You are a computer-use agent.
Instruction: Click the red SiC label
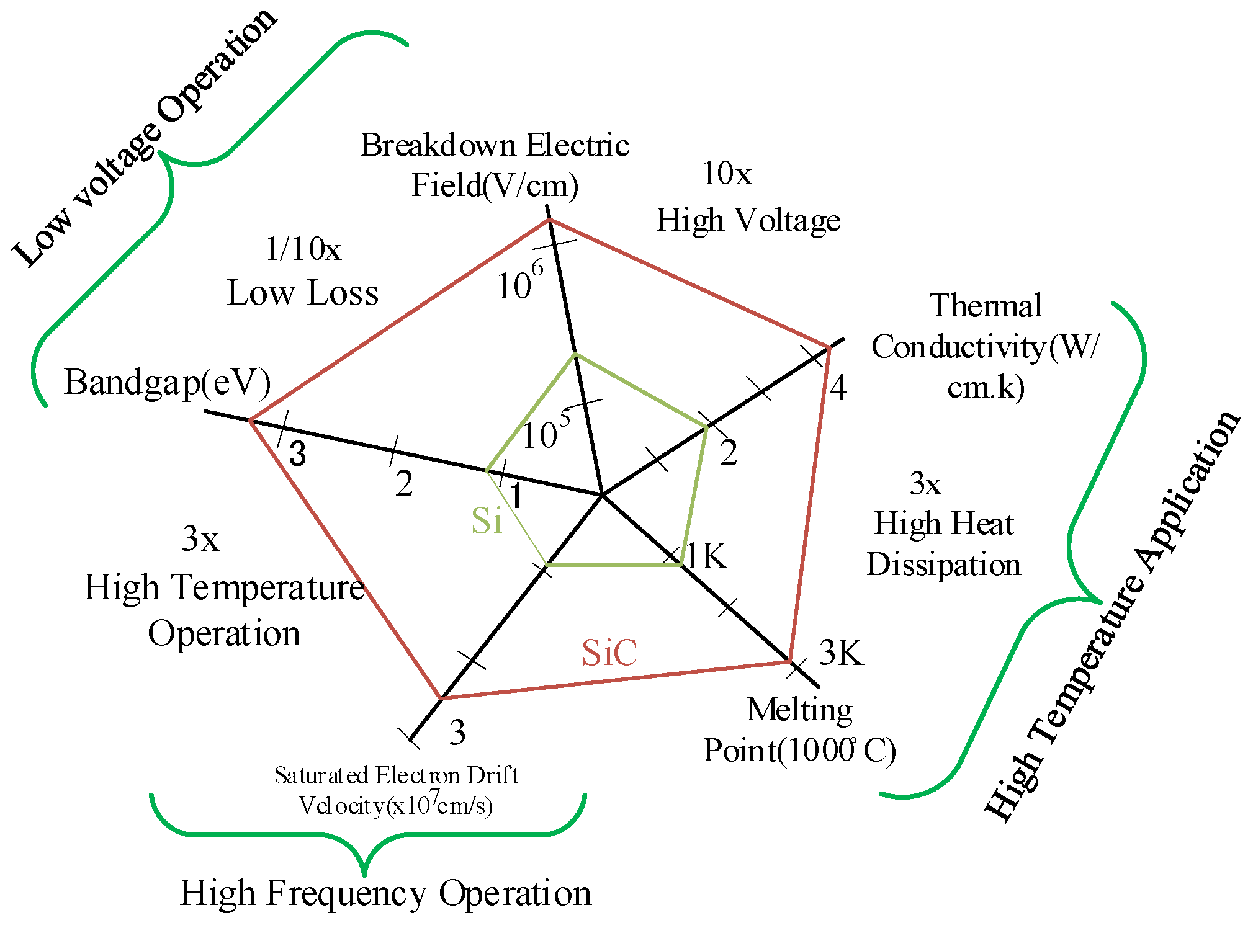(x=609, y=653)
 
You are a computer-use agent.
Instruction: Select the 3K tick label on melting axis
(x=841, y=653)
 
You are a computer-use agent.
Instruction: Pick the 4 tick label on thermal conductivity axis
(x=838, y=388)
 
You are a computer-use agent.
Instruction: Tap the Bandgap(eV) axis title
(x=167, y=382)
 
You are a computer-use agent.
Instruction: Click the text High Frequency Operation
(x=385, y=893)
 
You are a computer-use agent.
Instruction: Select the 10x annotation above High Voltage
(x=727, y=174)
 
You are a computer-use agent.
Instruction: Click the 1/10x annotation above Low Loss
(x=303, y=249)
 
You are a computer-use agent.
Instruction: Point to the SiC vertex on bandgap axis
(x=251, y=421)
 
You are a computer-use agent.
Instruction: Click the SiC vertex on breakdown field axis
(x=550, y=220)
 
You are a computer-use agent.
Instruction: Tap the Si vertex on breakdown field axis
(x=575, y=354)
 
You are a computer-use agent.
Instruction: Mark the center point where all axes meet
(x=602, y=495)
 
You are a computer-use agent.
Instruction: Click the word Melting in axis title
(x=799, y=710)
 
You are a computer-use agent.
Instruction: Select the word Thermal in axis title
(x=985, y=306)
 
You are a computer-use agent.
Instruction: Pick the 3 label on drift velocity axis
(x=457, y=733)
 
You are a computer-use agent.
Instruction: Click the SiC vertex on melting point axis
(x=790, y=662)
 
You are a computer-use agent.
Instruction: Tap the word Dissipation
(x=943, y=565)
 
